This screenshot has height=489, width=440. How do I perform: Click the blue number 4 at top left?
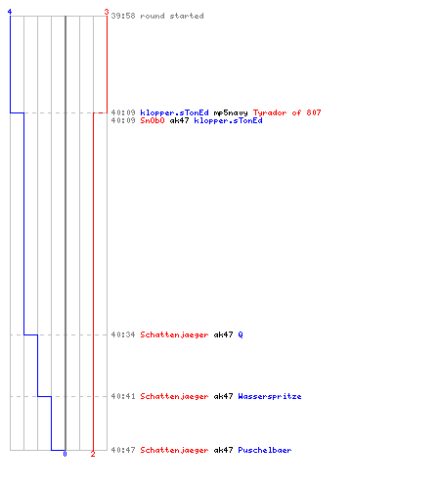[x=10, y=12]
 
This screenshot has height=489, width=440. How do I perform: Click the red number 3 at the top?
[x=107, y=12]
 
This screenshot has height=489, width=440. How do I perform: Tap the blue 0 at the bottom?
[x=65, y=454]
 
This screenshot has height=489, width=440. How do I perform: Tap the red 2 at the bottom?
[x=93, y=454]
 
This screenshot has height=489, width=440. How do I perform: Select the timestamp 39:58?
[x=123, y=16]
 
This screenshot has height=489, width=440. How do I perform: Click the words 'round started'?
[x=172, y=16]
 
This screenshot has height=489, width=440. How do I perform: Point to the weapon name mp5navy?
[x=231, y=112]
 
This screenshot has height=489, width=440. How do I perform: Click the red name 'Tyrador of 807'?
[x=286, y=112]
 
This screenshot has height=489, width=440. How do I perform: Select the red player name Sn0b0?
[x=153, y=120]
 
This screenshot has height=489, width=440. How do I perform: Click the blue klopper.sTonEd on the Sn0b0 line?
[x=228, y=120]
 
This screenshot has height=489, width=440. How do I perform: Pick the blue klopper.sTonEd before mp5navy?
[x=174, y=112]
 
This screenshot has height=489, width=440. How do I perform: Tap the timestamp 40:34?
[x=123, y=334]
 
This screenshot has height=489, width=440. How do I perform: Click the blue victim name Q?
[x=241, y=334]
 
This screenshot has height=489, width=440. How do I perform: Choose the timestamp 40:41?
[x=123, y=396]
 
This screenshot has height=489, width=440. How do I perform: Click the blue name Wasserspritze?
[x=270, y=396]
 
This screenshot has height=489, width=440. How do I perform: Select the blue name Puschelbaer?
[x=265, y=450]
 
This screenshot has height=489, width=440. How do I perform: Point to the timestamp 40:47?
[x=123, y=450]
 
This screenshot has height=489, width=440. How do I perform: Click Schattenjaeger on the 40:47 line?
[x=174, y=450]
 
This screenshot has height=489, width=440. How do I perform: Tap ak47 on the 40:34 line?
[x=223, y=334]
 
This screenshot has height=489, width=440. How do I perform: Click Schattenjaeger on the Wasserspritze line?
[x=174, y=396]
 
